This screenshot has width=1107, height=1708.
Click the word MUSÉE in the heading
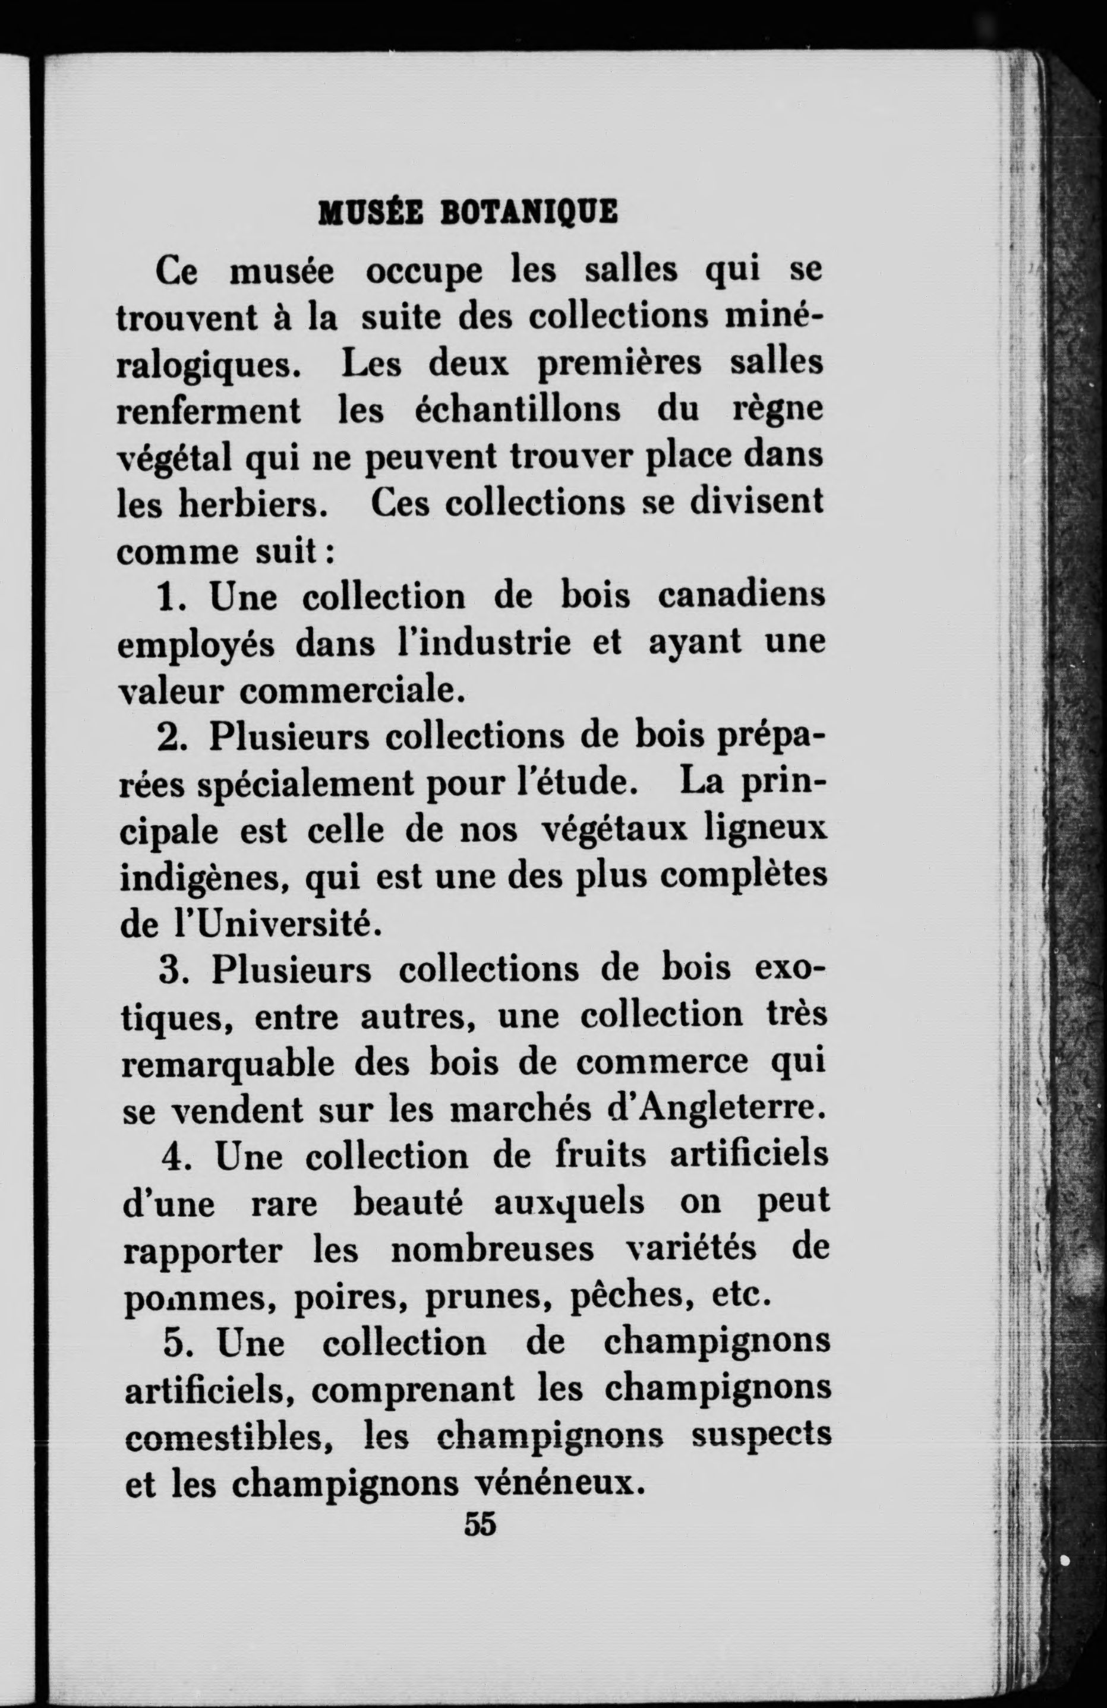coord(362,213)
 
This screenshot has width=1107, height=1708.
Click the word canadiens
coord(741,597)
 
